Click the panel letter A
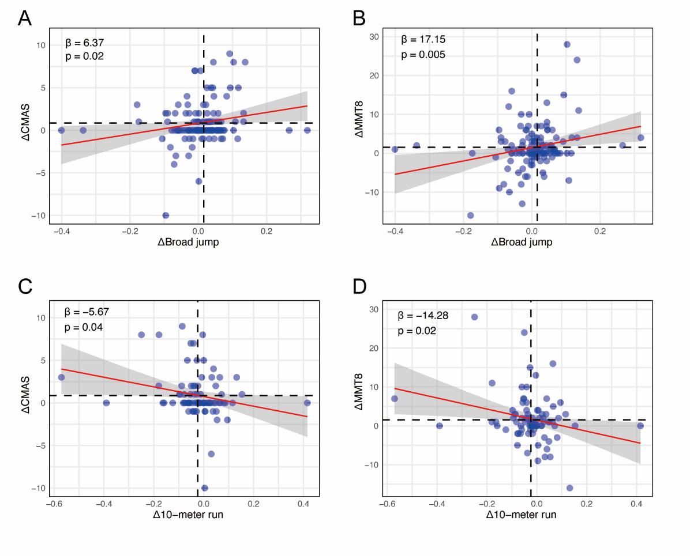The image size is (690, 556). point(24,18)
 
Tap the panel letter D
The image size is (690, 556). point(359,286)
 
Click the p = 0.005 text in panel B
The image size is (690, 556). point(423,55)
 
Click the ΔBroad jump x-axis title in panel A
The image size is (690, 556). point(188,242)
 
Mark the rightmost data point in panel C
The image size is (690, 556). point(307,403)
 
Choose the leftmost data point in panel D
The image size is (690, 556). point(395,399)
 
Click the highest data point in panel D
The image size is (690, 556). point(474,317)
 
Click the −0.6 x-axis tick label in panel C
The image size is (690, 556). point(54,502)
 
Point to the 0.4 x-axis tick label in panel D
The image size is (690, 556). point(637,502)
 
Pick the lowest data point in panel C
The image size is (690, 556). point(204,488)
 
